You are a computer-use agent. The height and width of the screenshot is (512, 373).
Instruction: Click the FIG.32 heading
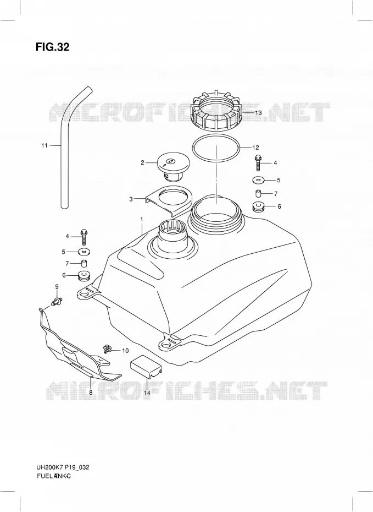tap(52, 47)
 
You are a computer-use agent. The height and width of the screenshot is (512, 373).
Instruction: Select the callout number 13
tap(258, 113)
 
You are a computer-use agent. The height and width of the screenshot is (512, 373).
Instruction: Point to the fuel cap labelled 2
tap(171, 166)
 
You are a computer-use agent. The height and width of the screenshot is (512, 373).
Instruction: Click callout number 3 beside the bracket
tap(131, 199)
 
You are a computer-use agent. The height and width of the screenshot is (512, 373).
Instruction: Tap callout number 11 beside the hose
tap(44, 145)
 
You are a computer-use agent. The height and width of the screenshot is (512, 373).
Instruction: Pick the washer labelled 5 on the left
tap(85, 252)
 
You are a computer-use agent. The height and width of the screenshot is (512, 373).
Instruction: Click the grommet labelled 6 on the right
tap(258, 208)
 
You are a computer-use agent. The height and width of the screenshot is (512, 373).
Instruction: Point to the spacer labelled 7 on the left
tap(85, 263)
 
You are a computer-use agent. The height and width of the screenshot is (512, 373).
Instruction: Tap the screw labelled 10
tap(107, 349)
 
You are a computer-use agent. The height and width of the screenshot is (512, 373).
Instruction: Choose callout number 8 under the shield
tap(91, 393)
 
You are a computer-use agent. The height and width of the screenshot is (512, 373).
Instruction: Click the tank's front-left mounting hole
tap(85, 295)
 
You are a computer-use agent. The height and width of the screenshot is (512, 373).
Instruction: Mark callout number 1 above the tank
tap(142, 220)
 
